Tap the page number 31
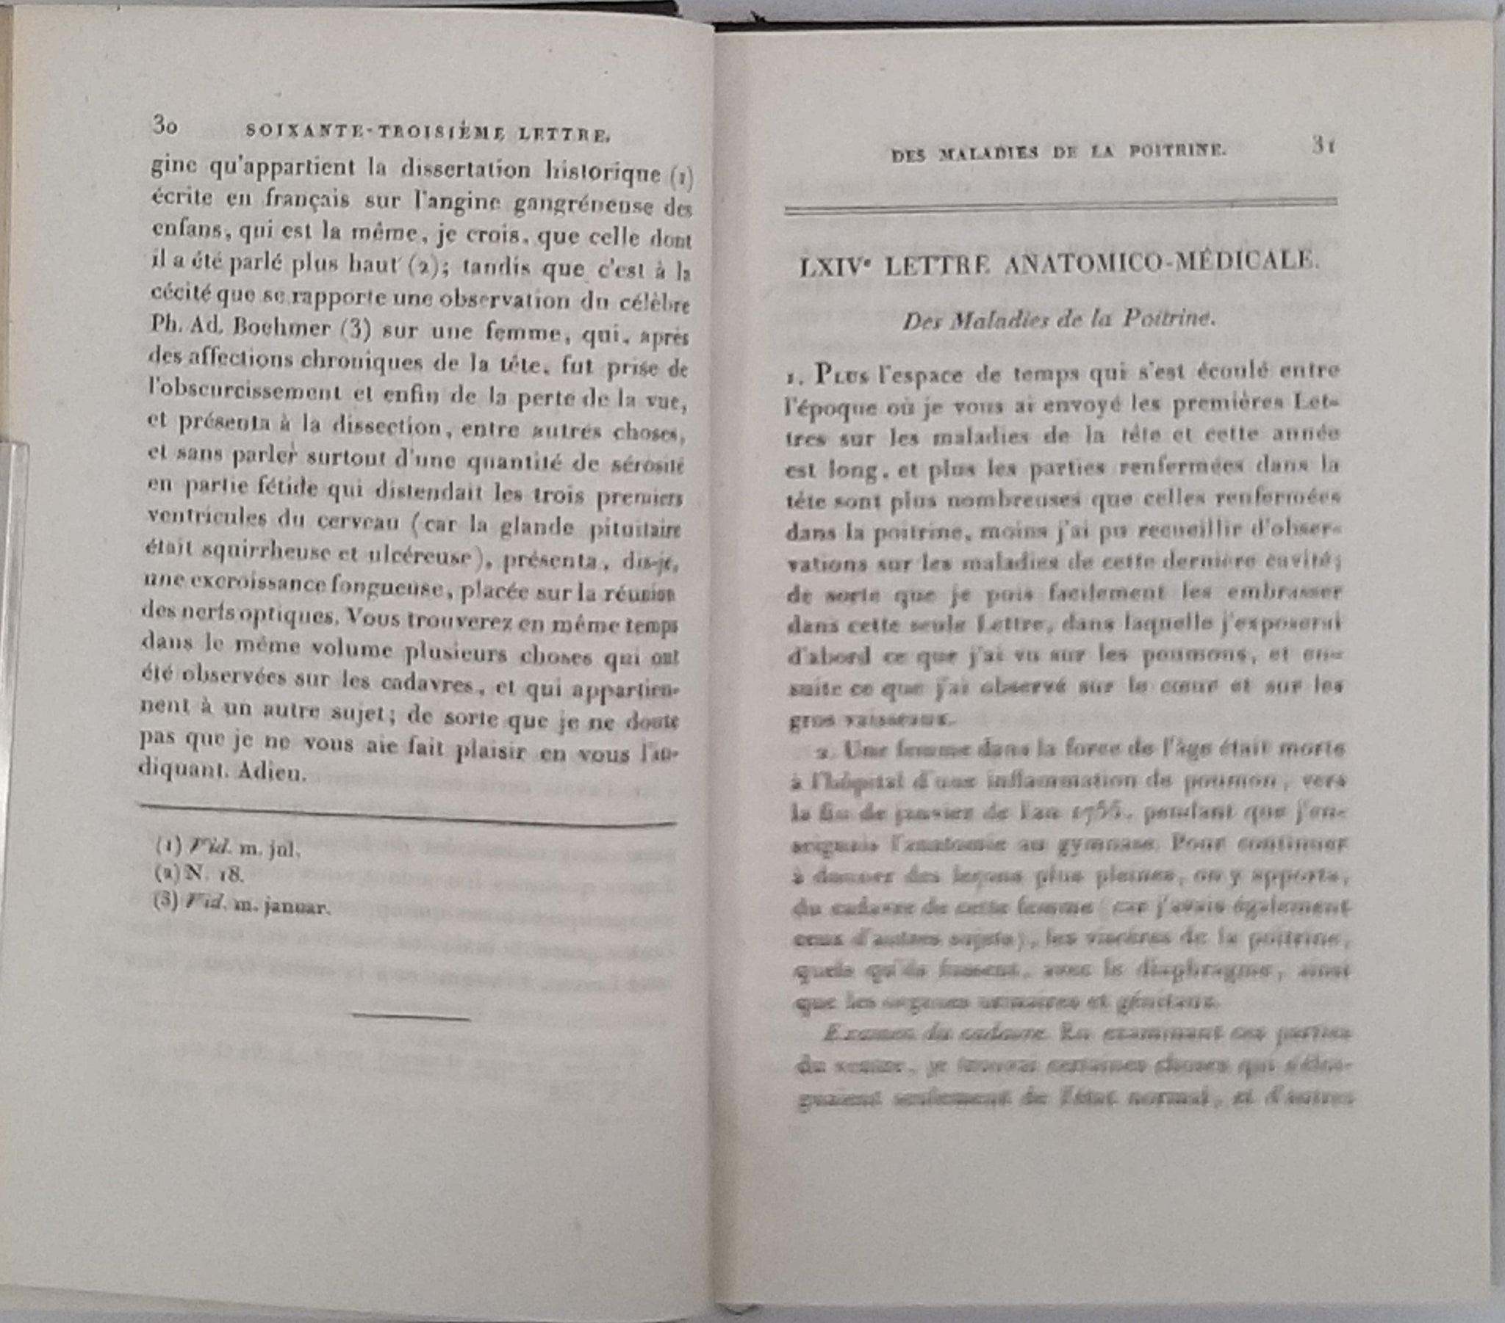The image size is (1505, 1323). pyautogui.click(x=1323, y=145)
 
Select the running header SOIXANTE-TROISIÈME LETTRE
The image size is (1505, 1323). pyautogui.click(x=427, y=133)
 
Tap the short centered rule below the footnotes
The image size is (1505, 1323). pyautogui.click(x=412, y=1017)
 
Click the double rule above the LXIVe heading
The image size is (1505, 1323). pyautogui.click(x=1060, y=206)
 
